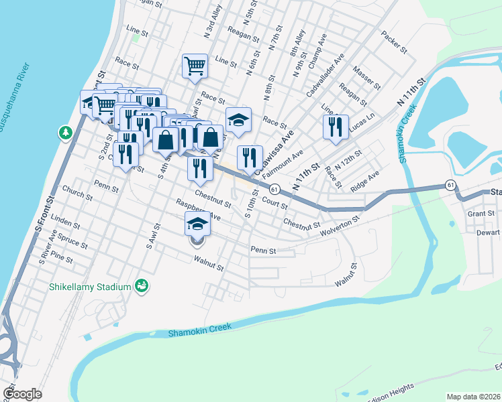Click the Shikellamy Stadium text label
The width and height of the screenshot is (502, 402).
pos(89,287)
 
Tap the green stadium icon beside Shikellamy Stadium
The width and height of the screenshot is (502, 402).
pos(141,286)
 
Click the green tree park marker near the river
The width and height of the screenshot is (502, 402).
pos(66,133)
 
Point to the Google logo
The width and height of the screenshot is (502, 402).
pos(22,394)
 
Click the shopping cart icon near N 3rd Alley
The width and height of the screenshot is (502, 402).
pos(195,66)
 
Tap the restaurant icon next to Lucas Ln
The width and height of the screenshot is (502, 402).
pos(336,126)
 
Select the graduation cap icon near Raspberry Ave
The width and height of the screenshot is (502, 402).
pos(197,223)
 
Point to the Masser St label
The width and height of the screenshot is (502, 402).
pos(366,75)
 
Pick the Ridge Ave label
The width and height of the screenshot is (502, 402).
pos(365,181)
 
